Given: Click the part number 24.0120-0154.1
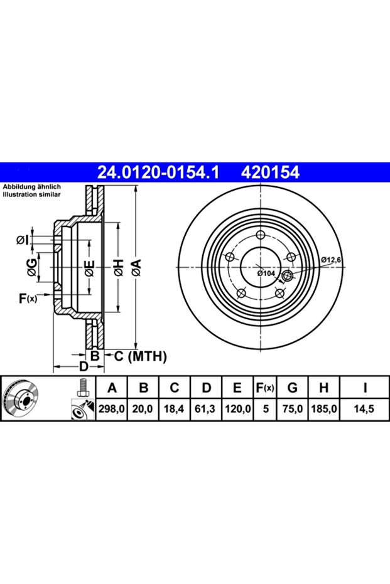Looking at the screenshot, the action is coord(158,173).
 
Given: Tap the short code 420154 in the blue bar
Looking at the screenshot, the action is coord(271,173).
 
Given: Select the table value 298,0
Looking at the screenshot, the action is coord(112,409).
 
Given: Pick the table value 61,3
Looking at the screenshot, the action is coord(205,409).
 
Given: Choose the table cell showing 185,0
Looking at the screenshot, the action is coord(323,409).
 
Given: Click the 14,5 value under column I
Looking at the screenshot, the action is coord(365,409).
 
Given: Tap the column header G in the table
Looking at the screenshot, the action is coord(292,388).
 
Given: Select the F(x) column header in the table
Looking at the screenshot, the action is coord(265,388).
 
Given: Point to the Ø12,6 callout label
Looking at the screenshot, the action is coord(331,260).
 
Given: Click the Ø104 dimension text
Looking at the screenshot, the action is coord(266,273).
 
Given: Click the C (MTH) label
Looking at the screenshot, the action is coord(140,356).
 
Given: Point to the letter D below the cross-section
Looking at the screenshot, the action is coord(84,366).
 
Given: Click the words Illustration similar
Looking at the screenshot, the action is coord(31,194).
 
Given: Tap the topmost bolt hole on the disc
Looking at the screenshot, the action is coord(261,235).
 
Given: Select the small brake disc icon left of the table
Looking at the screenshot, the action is coord(20,398).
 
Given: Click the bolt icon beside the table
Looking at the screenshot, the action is coord(82,388).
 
